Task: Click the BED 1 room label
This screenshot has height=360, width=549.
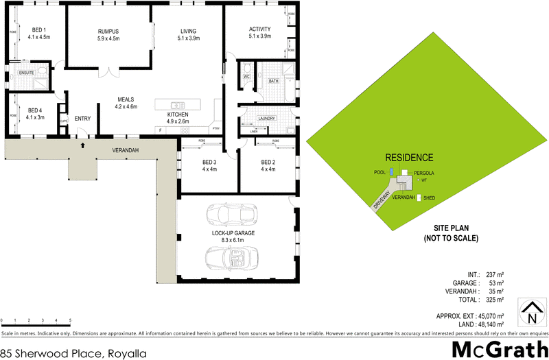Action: tap(39, 30)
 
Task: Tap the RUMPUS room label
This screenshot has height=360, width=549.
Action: tap(108, 32)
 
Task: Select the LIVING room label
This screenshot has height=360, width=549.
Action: tap(188, 32)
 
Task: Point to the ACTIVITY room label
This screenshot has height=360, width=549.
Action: tap(260, 28)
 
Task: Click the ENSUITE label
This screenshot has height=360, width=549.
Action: tap(27, 72)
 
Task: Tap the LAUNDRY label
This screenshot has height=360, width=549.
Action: tap(268, 118)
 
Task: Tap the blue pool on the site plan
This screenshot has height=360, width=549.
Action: tap(391, 172)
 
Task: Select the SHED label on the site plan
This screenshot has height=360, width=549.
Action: tap(429, 198)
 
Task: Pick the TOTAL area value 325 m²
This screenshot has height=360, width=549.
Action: tap(495, 300)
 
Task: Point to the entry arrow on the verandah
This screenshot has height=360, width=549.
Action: tap(83, 144)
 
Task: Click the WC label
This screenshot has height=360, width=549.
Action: tap(246, 77)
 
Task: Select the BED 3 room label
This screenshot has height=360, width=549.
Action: tap(210, 163)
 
